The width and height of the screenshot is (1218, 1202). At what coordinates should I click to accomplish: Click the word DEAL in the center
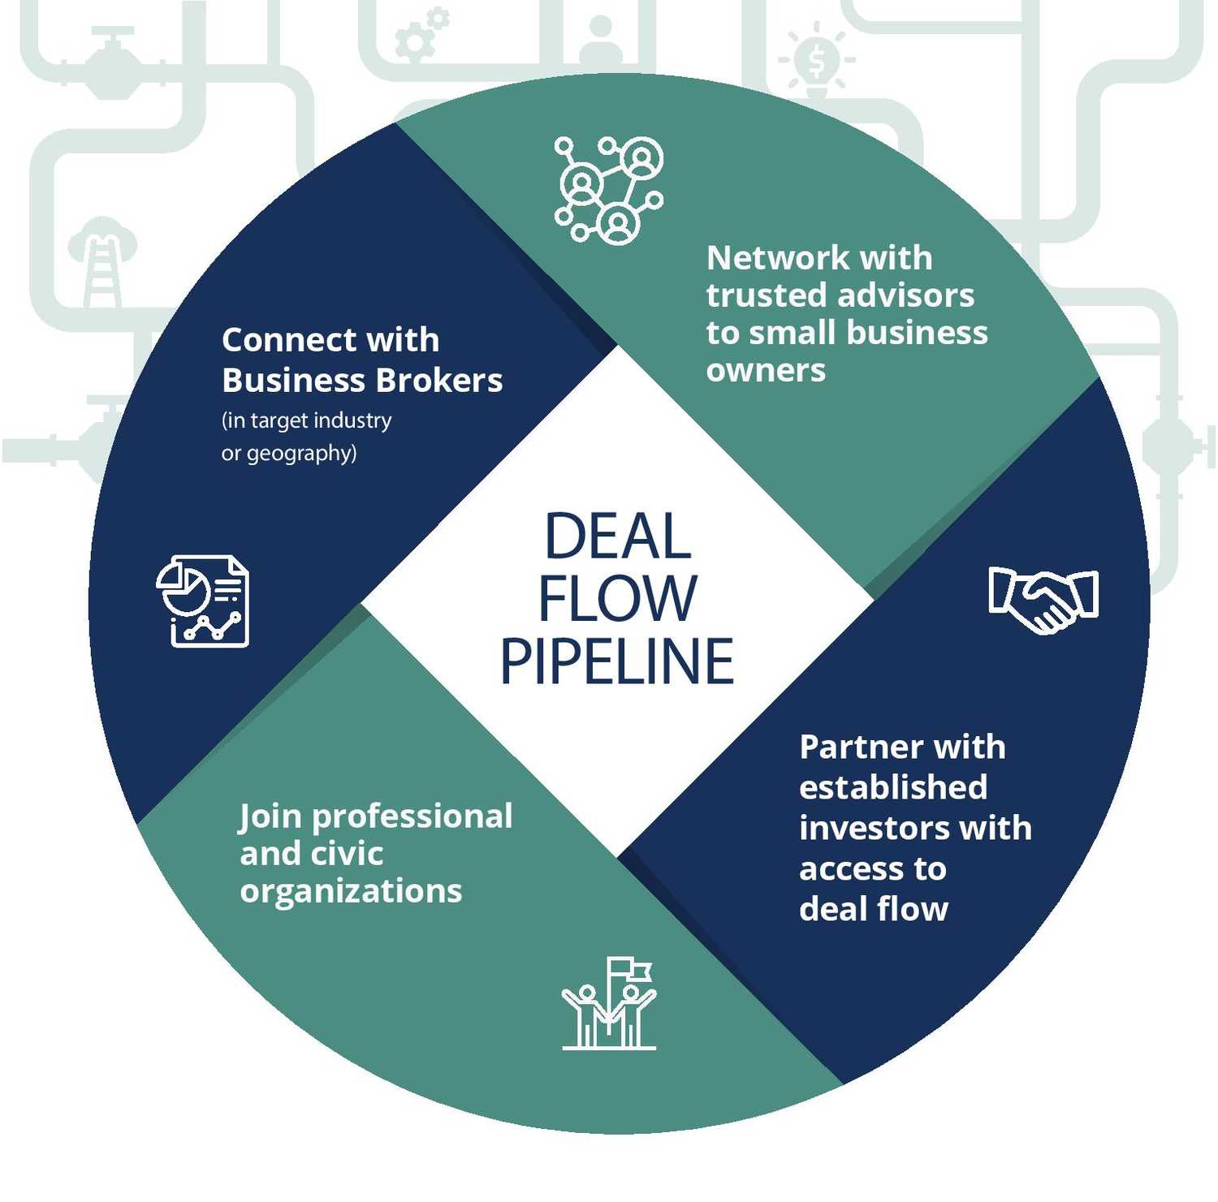click(617, 536)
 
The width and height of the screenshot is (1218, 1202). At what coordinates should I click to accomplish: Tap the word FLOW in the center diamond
click(617, 599)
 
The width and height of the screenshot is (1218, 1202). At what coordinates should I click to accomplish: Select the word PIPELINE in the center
click(617, 661)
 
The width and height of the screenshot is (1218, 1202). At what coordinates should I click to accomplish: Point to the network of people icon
click(609, 190)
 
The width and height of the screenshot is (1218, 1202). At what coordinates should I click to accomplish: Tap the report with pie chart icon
click(202, 601)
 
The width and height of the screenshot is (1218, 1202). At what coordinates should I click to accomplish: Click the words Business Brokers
click(362, 381)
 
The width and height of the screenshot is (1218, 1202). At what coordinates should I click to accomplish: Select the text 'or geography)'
click(289, 453)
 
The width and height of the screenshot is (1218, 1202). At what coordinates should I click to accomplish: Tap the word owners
click(766, 370)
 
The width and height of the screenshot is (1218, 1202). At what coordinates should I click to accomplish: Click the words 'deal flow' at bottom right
click(874, 909)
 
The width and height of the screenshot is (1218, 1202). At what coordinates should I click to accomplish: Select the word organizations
click(351, 891)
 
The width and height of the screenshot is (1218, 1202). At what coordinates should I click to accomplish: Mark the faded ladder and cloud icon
click(102, 260)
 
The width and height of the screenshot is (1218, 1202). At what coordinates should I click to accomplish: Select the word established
click(893, 787)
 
